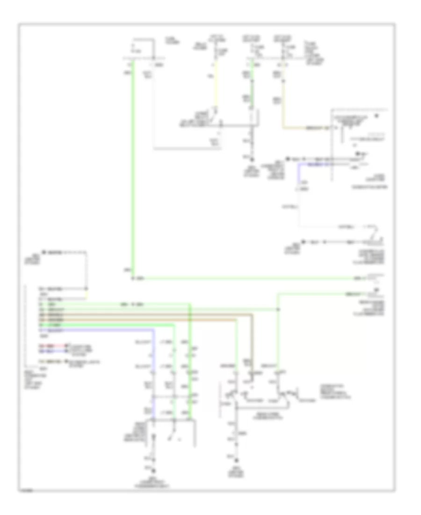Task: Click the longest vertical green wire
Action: point(132,169)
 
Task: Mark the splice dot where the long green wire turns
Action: point(132,278)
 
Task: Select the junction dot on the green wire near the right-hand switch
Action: point(278,309)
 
